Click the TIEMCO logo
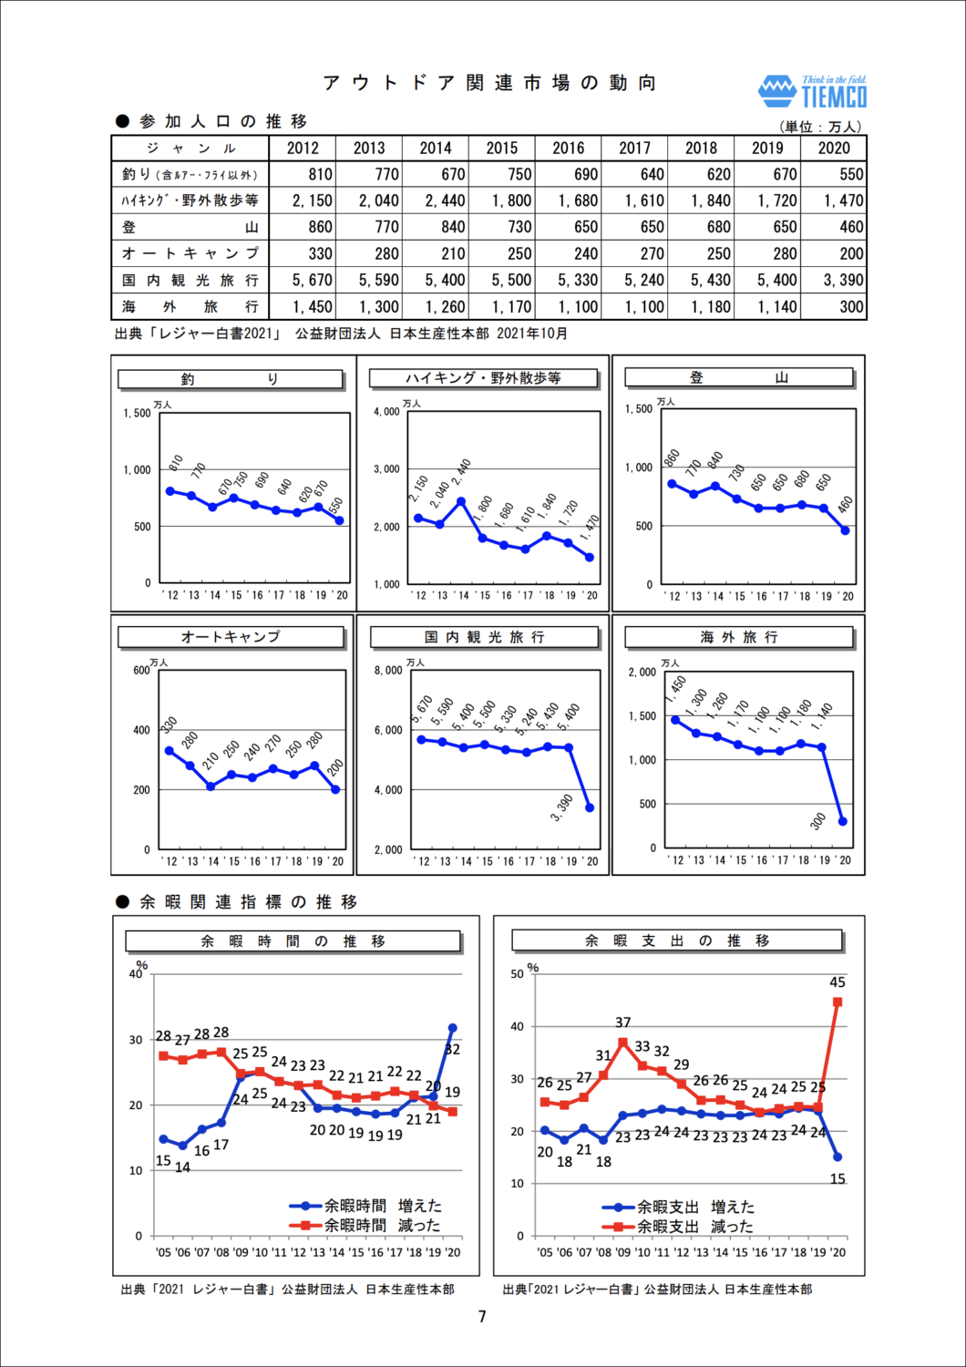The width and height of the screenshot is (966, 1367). pyautogui.click(x=813, y=91)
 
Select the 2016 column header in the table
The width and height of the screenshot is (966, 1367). pyautogui.click(x=569, y=149)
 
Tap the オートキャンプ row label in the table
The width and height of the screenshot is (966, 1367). pyautogui.click(x=190, y=253)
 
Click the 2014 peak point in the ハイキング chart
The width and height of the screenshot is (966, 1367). pyautogui.click(x=461, y=501)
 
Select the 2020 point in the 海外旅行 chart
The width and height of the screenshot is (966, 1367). pyautogui.click(x=843, y=821)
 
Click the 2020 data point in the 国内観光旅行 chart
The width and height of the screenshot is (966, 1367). pyautogui.click(x=590, y=807)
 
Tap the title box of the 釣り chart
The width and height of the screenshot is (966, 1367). pyautogui.click(x=231, y=379)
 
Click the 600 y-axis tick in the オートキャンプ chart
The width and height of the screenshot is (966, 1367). pyautogui.click(x=141, y=671)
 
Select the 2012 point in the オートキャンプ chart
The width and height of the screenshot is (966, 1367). pyautogui.click(x=170, y=751)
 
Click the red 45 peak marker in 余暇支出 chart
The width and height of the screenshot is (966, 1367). pyautogui.click(x=838, y=1002)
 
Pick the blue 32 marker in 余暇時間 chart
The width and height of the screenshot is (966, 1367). pyautogui.click(x=452, y=1028)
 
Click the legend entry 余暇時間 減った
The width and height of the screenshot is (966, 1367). pyautogui.click(x=365, y=1226)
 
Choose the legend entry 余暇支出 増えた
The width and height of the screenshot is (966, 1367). pyautogui.click(x=678, y=1208)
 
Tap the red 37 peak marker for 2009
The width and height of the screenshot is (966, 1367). pyautogui.click(x=623, y=1042)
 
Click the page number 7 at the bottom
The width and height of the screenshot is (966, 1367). pyautogui.click(x=482, y=1317)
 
